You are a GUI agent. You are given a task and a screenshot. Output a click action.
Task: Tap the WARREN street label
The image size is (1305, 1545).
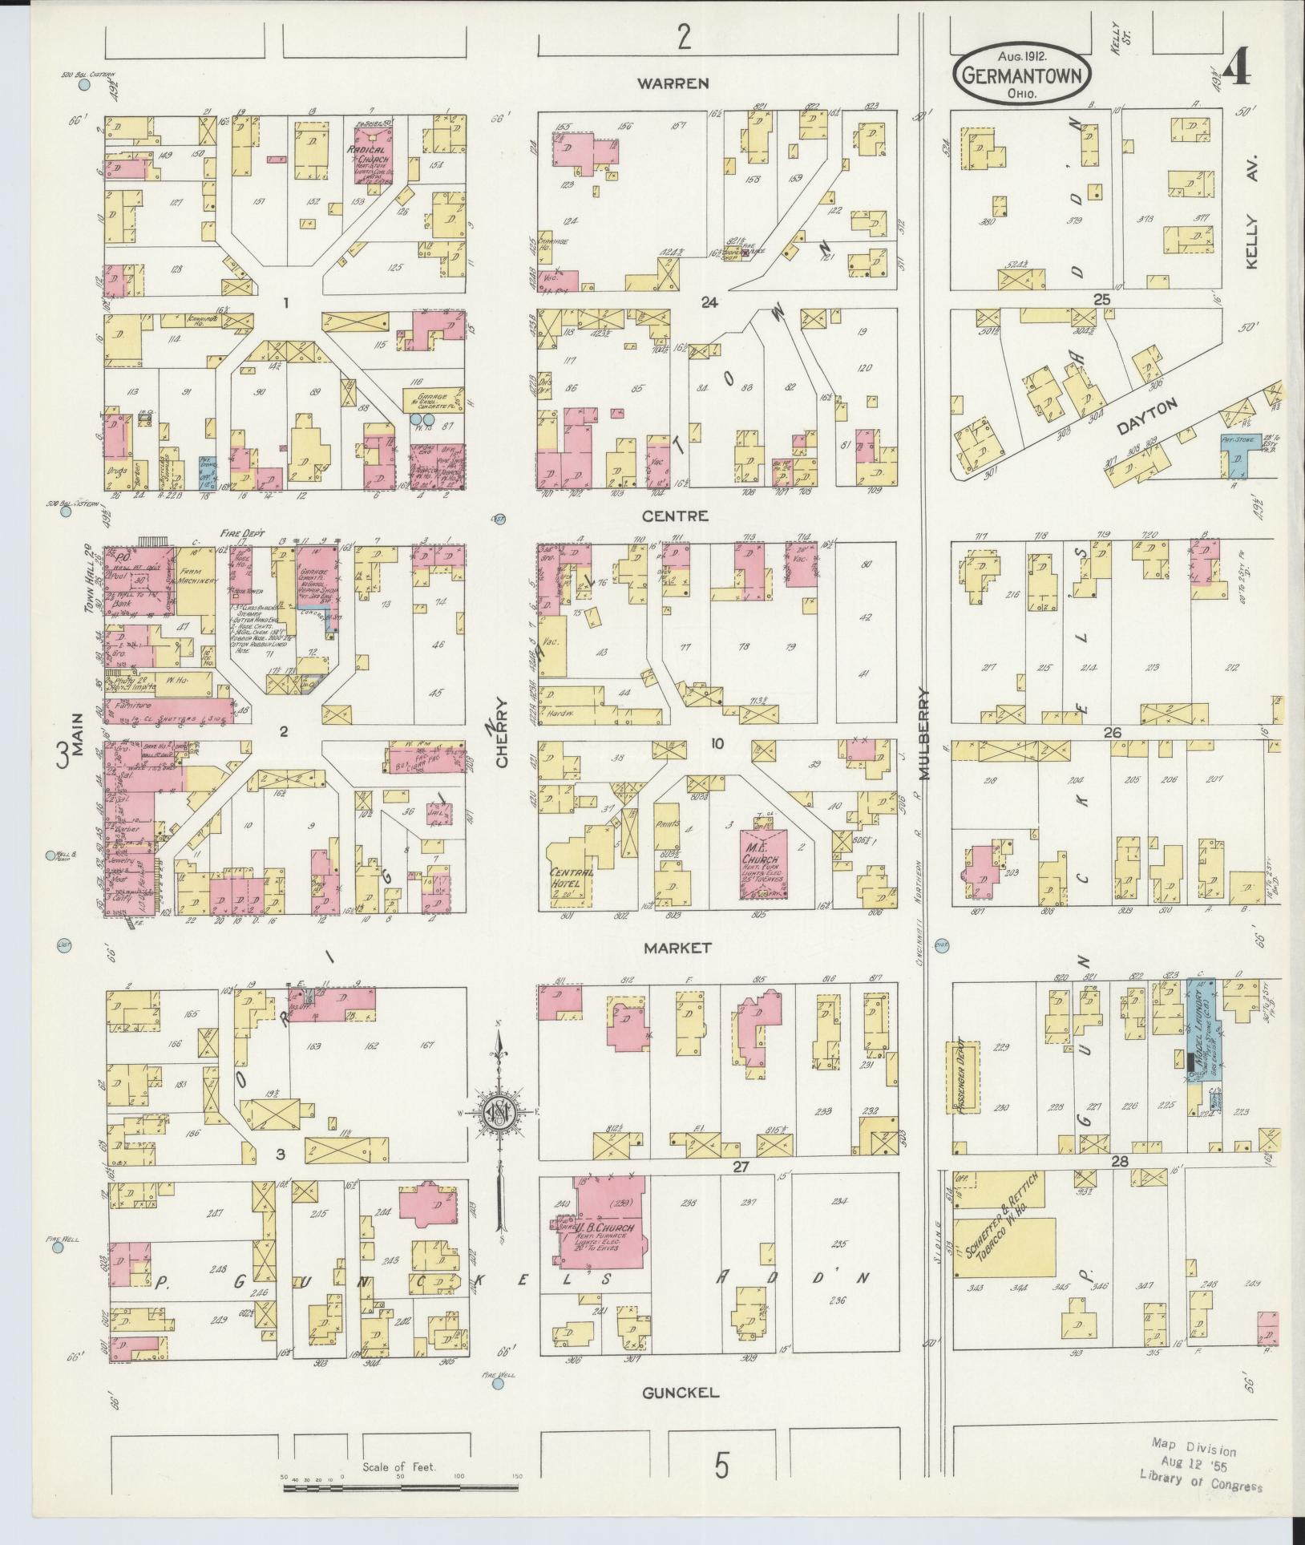(683, 83)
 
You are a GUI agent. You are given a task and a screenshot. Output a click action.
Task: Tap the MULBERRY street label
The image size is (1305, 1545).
(924, 734)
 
